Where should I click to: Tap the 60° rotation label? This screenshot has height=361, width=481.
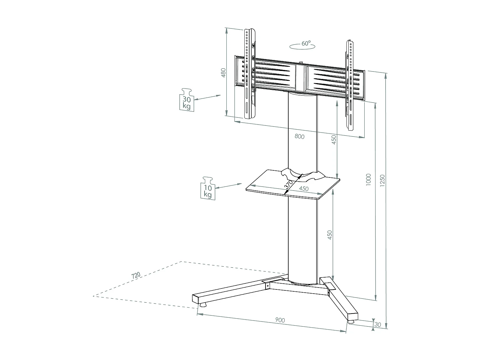coord(306,43)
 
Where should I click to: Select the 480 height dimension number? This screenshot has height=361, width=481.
coord(223,73)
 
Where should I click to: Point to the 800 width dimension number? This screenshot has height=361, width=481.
coord(299,137)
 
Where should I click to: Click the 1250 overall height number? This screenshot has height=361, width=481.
coord(382,180)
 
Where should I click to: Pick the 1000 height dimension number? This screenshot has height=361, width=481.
coord(368,179)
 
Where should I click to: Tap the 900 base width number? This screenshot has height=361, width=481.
coord(280,320)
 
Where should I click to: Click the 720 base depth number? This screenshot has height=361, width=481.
coord(136,275)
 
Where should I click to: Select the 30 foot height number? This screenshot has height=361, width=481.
coord(378,325)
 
